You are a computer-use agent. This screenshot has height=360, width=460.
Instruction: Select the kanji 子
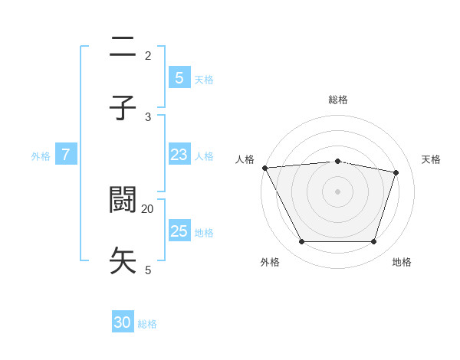[x=123, y=108]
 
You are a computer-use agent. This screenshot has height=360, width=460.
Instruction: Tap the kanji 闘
[x=123, y=200]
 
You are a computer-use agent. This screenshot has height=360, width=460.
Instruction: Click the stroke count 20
[x=148, y=208]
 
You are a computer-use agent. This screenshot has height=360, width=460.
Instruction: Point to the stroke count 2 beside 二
[x=148, y=55]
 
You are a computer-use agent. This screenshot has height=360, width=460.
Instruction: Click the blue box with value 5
[x=179, y=77]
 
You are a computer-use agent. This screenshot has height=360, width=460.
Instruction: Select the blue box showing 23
[x=179, y=155]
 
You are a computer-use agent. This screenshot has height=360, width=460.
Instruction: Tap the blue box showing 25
[x=179, y=231]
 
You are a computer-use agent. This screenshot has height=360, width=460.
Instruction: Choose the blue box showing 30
[x=123, y=322]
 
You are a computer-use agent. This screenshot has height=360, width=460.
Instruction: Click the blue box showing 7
[x=66, y=155]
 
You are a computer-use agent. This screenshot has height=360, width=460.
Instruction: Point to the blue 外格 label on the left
[x=41, y=155]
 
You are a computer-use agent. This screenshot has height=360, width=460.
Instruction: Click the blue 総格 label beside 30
[x=147, y=324]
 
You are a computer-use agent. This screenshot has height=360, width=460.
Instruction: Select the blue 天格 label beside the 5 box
[x=204, y=79]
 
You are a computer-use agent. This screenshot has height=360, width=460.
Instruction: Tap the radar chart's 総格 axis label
[x=337, y=100]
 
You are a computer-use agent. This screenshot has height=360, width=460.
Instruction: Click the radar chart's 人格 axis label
[x=245, y=159]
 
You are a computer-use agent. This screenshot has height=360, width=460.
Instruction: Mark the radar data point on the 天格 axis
[x=396, y=172]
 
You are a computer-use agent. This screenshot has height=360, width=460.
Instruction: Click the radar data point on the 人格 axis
[x=264, y=168]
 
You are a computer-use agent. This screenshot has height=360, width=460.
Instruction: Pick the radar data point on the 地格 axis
[x=373, y=242]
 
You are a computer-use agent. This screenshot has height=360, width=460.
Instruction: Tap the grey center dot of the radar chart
[x=337, y=191]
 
